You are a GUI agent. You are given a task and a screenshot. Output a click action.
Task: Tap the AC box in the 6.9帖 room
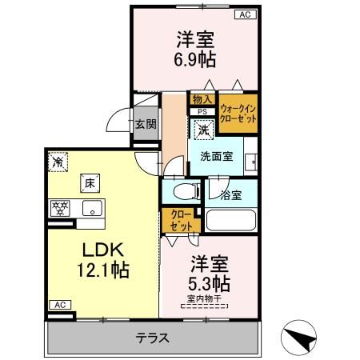pos(244,14)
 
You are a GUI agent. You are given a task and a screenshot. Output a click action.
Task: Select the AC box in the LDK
pos(58,304)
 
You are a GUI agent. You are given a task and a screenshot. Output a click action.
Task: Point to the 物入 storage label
pos(201,98)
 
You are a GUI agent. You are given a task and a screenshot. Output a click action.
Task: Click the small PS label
pos(202,112)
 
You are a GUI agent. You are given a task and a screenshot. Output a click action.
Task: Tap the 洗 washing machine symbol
pos(203,128)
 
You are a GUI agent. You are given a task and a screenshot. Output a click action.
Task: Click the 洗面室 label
pos(217,157)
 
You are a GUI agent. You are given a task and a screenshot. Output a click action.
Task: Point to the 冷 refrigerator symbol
pos(57,162)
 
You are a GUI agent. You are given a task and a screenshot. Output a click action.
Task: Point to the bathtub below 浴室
pos(231,220)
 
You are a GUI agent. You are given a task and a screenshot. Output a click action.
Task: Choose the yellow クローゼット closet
pos(177,220)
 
